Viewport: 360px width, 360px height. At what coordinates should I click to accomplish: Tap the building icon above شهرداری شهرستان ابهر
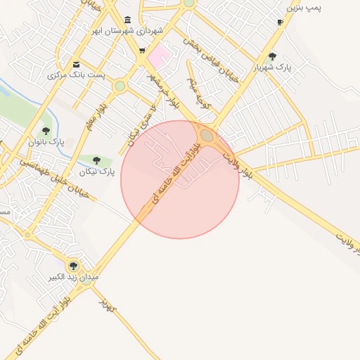coord(127,19)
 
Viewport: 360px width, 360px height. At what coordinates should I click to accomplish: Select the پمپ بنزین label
coord(304,8)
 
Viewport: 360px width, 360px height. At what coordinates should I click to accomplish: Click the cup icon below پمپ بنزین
coord(281,22)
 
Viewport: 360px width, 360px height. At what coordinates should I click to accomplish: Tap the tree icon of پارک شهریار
coord(273,56)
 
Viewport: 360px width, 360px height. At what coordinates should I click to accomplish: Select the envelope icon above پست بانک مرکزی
coord(76,64)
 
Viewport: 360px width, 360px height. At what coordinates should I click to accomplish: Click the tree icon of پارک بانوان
coord(46,130)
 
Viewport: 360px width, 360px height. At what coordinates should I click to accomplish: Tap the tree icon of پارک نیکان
coord(96,160)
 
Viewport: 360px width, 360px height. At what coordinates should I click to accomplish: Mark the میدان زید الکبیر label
coord(73,278)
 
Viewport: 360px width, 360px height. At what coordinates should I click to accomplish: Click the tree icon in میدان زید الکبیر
coord(73,265)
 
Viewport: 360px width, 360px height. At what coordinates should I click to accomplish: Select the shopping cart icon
coord(143,51)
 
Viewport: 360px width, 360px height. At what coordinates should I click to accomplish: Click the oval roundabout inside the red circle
coord(207,135)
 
